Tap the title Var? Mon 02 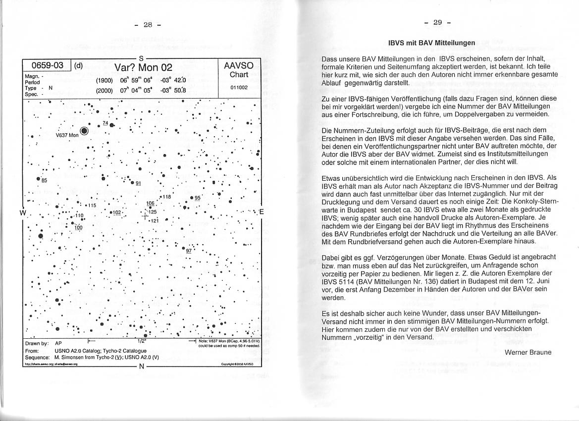143,67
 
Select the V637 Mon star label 67,135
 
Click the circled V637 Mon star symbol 84,131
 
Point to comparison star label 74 105,123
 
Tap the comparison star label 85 44,180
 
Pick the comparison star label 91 139,183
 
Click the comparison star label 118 167,197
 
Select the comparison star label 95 197,198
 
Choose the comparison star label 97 189,251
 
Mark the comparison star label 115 92,205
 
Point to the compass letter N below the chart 141,367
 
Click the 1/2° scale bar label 141,341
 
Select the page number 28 148,24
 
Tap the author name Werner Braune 528,352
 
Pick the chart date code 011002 239,87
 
